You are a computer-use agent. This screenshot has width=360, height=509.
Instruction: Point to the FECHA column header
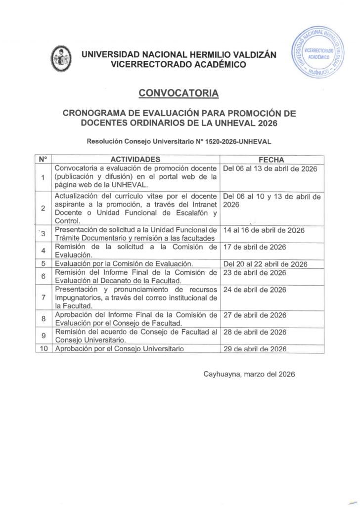coord(271,160)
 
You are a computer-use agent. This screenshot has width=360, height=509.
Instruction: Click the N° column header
coord(43,159)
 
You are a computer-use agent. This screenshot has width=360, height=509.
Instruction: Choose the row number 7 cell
coord(43,297)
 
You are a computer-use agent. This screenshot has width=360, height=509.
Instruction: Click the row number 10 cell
coord(43,348)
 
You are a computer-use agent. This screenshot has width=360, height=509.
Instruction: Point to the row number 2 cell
coord(43,209)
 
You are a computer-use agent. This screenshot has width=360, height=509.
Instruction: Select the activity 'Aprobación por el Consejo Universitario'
coord(116,348)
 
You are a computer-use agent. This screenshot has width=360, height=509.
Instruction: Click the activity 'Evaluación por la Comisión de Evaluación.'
coord(127,263)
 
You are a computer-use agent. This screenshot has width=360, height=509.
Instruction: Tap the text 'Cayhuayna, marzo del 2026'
coord(249,374)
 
